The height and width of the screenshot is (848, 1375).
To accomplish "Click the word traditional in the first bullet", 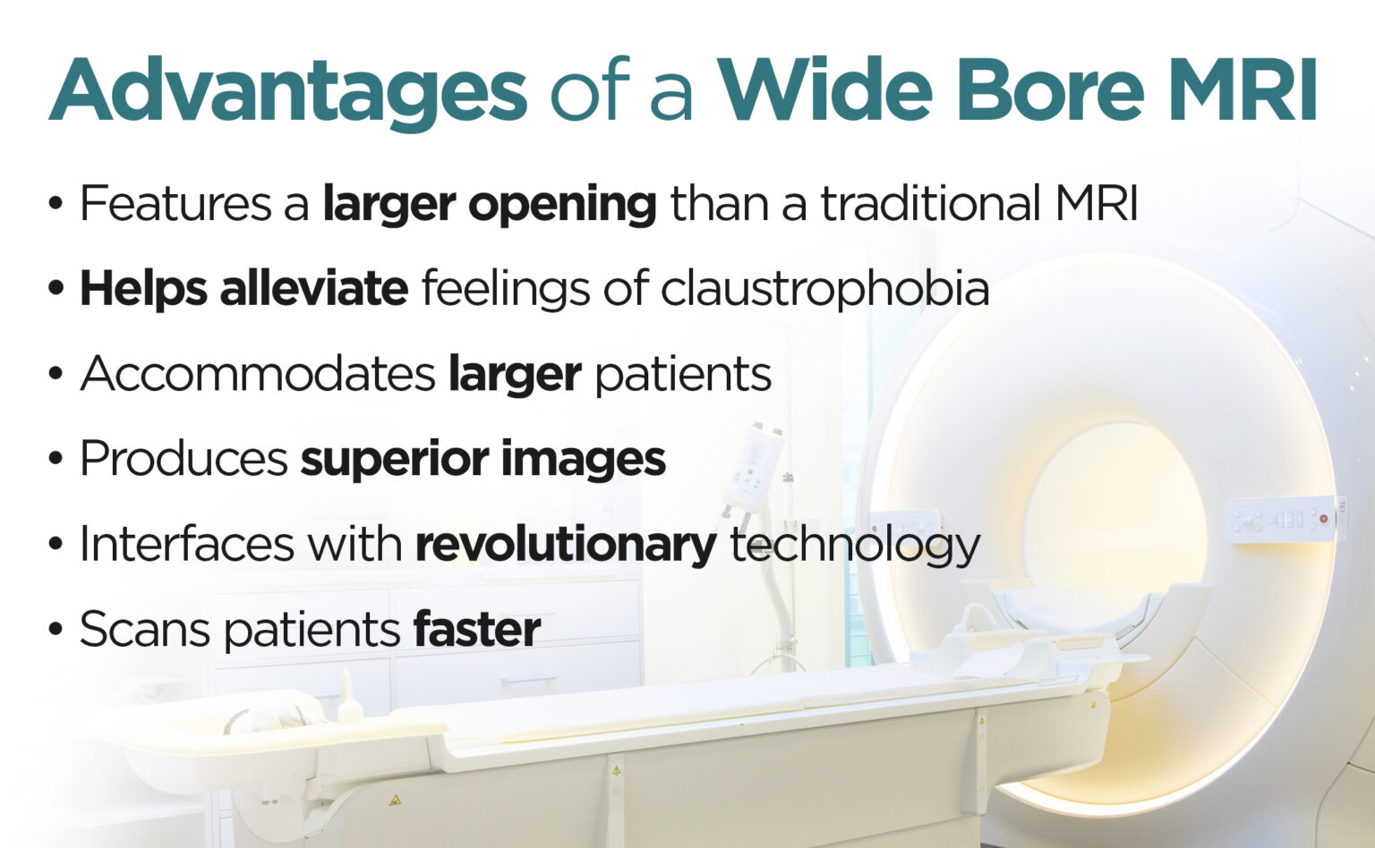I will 930,204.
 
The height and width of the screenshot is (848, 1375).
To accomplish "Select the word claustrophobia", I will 824,289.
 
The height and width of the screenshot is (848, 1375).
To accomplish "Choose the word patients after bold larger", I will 683,374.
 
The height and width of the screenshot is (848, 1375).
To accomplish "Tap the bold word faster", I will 476,630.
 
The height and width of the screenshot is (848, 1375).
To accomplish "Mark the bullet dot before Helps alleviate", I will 56,289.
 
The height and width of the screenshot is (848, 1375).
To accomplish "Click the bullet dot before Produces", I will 56,459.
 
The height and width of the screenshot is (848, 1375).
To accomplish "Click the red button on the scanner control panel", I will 1323,519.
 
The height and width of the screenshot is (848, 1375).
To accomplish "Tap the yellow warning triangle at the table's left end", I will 395,799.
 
